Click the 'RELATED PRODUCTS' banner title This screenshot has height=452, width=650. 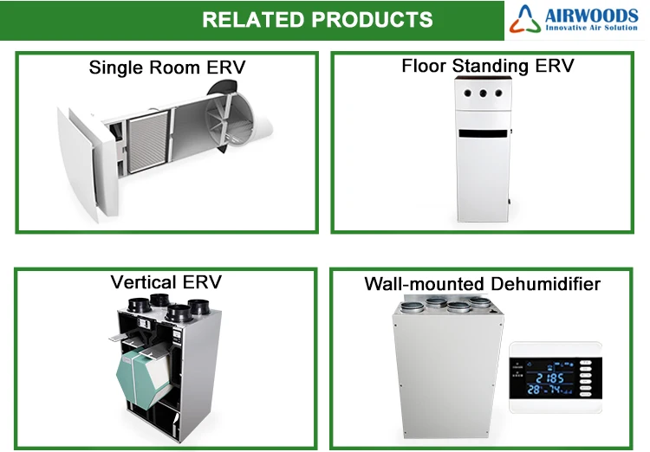(316, 18)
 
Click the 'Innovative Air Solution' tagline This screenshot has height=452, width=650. (593, 29)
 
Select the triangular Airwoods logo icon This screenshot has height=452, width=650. (526, 19)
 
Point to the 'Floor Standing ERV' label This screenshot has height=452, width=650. (487, 66)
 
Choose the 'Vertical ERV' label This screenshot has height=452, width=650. (166, 281)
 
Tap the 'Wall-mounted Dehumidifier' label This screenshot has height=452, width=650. (482, 283)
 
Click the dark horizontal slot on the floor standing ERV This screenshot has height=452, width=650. (482, 134)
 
